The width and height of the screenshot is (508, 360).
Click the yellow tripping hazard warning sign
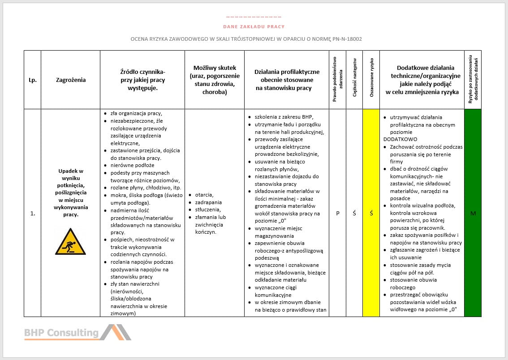point(70,242)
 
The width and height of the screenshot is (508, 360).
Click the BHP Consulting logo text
point(61,333)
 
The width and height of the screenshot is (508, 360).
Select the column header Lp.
point(32,80)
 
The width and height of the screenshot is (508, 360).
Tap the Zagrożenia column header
point(71,80)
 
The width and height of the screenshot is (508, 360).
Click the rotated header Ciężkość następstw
point(354,79)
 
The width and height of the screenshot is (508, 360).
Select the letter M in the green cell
point(473,214)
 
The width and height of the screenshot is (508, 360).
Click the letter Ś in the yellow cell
point(371,214)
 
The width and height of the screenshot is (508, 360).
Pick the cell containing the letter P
point(338,214)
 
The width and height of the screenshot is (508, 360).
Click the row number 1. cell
point(32,214)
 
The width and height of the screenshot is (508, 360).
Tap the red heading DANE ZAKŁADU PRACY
point(254,27)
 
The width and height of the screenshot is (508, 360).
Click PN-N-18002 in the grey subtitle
point(347,39)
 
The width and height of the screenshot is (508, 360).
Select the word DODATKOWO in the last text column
point(400,139)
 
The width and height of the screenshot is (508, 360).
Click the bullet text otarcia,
point(204,195)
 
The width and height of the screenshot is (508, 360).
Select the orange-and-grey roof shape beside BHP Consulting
point(115,332)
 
